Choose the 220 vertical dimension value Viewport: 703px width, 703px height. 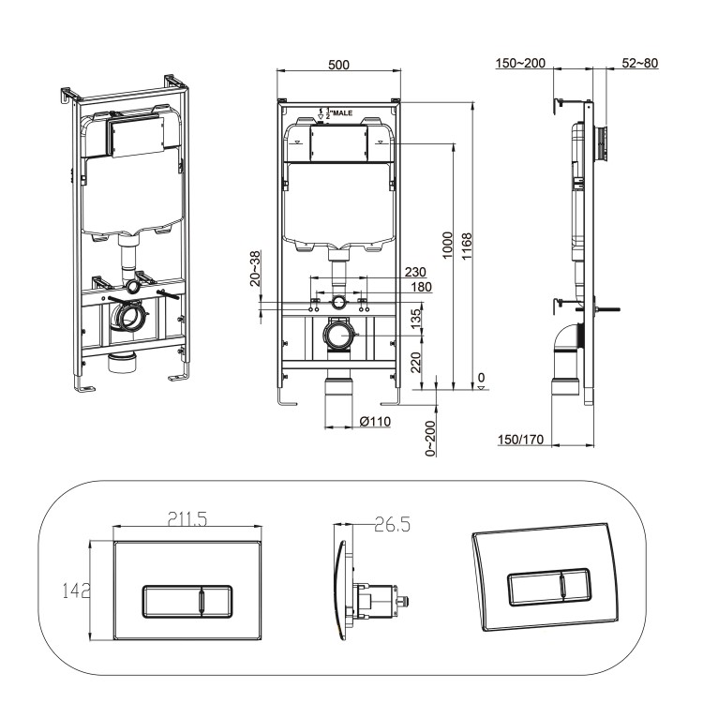(x=415, y=362)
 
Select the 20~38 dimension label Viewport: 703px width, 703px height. (x=255, y=267)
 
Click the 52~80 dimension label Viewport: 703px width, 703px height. (x=640, y=63)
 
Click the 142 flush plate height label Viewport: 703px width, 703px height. (x=72, y=591)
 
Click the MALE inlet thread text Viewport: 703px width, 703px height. (x=336, y=112)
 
